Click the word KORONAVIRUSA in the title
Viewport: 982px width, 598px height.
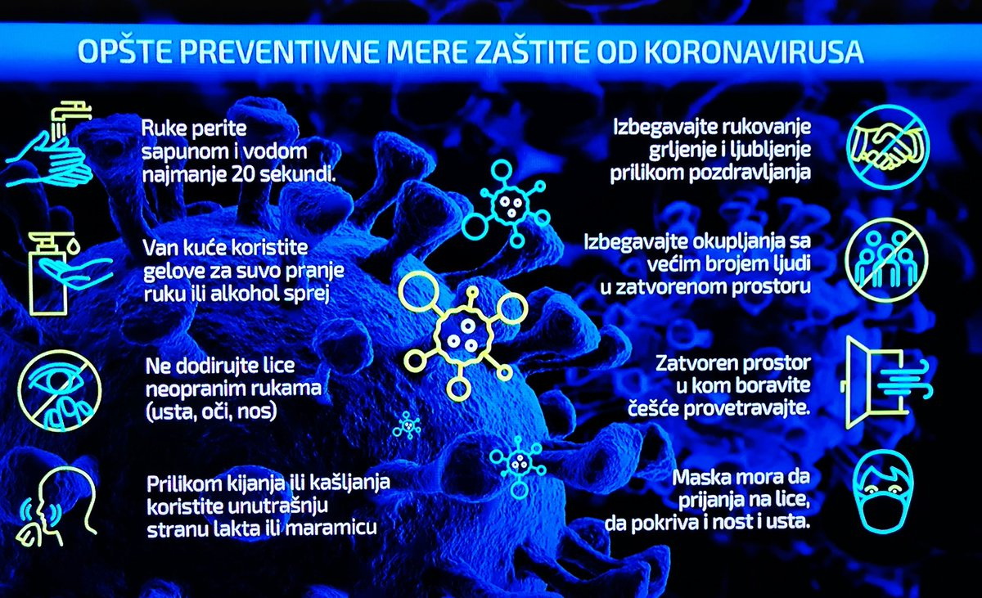[x=754, y=52]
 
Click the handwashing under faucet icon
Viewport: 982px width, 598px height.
[x=51, y=145]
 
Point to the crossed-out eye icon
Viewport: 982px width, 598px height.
[x=60, y=391]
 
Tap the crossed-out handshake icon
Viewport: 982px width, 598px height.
[x=888, y=146]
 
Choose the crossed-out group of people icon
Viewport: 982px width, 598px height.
[x=886, y=260]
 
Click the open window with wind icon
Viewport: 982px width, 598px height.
[x=886, y=383]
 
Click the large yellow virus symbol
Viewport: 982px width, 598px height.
[x=463, y=336]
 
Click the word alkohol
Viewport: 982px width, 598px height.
[x=245, y=294]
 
